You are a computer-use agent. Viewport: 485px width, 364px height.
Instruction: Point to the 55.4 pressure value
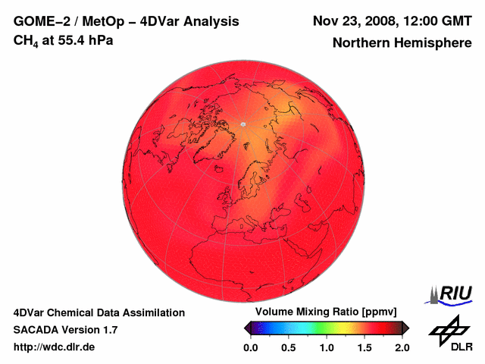coord(72,39)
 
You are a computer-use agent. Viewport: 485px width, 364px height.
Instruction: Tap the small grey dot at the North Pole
coord(242,124)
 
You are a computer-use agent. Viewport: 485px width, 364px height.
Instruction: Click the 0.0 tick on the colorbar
coord(251,347)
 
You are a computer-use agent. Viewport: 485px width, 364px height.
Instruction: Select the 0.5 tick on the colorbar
coord(289,347)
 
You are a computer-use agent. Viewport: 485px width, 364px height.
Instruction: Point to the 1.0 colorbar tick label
coord(327,347)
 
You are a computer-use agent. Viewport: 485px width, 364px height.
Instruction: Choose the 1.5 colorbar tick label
coord(365,347)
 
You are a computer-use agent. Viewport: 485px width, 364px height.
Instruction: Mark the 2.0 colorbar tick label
coord(402,347)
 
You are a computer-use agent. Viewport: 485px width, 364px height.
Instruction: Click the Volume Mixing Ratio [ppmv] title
coord(321,312)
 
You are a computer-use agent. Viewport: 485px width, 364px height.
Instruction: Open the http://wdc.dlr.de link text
coord(54,347)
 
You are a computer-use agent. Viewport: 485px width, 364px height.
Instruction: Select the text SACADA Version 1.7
coord(65,329)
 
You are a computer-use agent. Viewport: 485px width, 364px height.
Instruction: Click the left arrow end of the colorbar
coord(248,327)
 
